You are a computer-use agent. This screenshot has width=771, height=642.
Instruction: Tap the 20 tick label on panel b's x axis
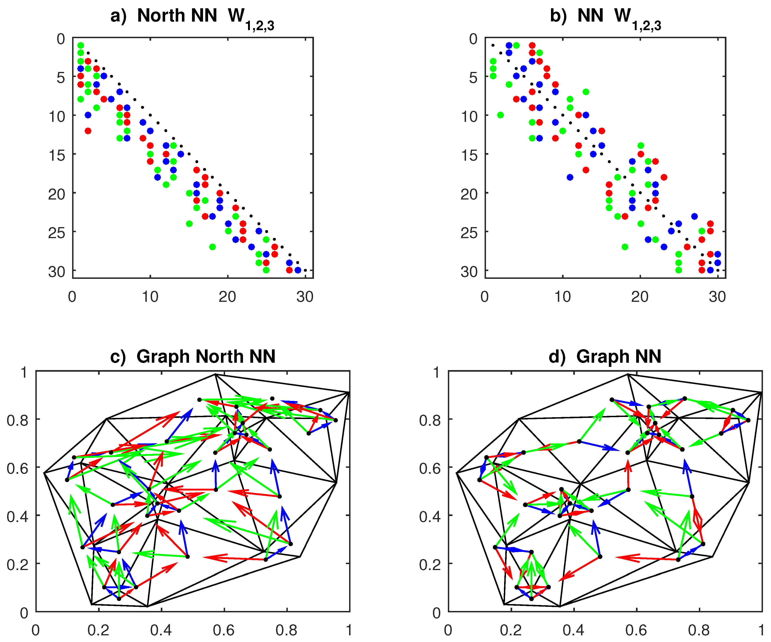640,297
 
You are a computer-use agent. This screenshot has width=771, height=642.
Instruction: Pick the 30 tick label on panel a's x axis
305,297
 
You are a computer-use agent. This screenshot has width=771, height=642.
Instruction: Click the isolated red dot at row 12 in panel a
88,131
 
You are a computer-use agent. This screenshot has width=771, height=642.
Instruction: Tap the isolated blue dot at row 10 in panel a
88,115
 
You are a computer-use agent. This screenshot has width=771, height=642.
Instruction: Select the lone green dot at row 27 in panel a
212,247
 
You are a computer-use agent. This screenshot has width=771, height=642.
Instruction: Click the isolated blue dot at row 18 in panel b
570,177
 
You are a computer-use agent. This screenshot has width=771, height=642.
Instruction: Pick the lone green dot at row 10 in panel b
500,115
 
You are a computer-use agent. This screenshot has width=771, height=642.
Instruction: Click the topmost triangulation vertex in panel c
215,374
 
